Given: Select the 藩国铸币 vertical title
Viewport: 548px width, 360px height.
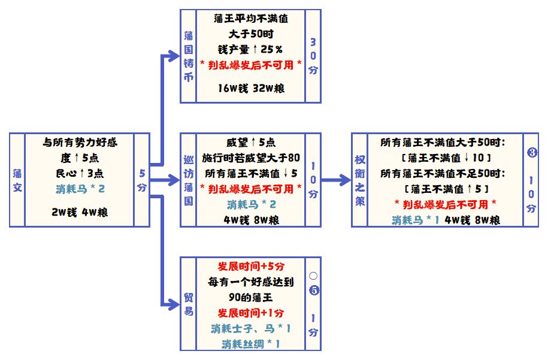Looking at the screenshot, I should (x=189, y=56).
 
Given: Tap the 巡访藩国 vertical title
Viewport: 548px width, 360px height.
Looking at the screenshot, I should (x=189, y=179).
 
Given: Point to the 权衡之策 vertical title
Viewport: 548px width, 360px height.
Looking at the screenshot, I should (x=359, y=179).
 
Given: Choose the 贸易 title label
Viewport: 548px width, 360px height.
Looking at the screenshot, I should (x=189, y=304).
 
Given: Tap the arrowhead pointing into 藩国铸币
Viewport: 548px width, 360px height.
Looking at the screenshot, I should (x=174, y=56).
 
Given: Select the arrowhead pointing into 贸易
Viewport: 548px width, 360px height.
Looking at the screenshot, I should (x=174, y=304).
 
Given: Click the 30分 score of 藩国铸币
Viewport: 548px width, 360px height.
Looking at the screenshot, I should (x=313, y=55).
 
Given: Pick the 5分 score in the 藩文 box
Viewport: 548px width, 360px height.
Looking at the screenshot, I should (x=142, y=180).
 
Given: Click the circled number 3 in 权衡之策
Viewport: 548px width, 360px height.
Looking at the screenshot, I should (x=531, y=152).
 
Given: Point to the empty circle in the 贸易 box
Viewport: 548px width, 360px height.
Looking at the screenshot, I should (x=313, y=277).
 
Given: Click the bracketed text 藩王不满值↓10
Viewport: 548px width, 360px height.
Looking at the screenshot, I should (x=447, y=158).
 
